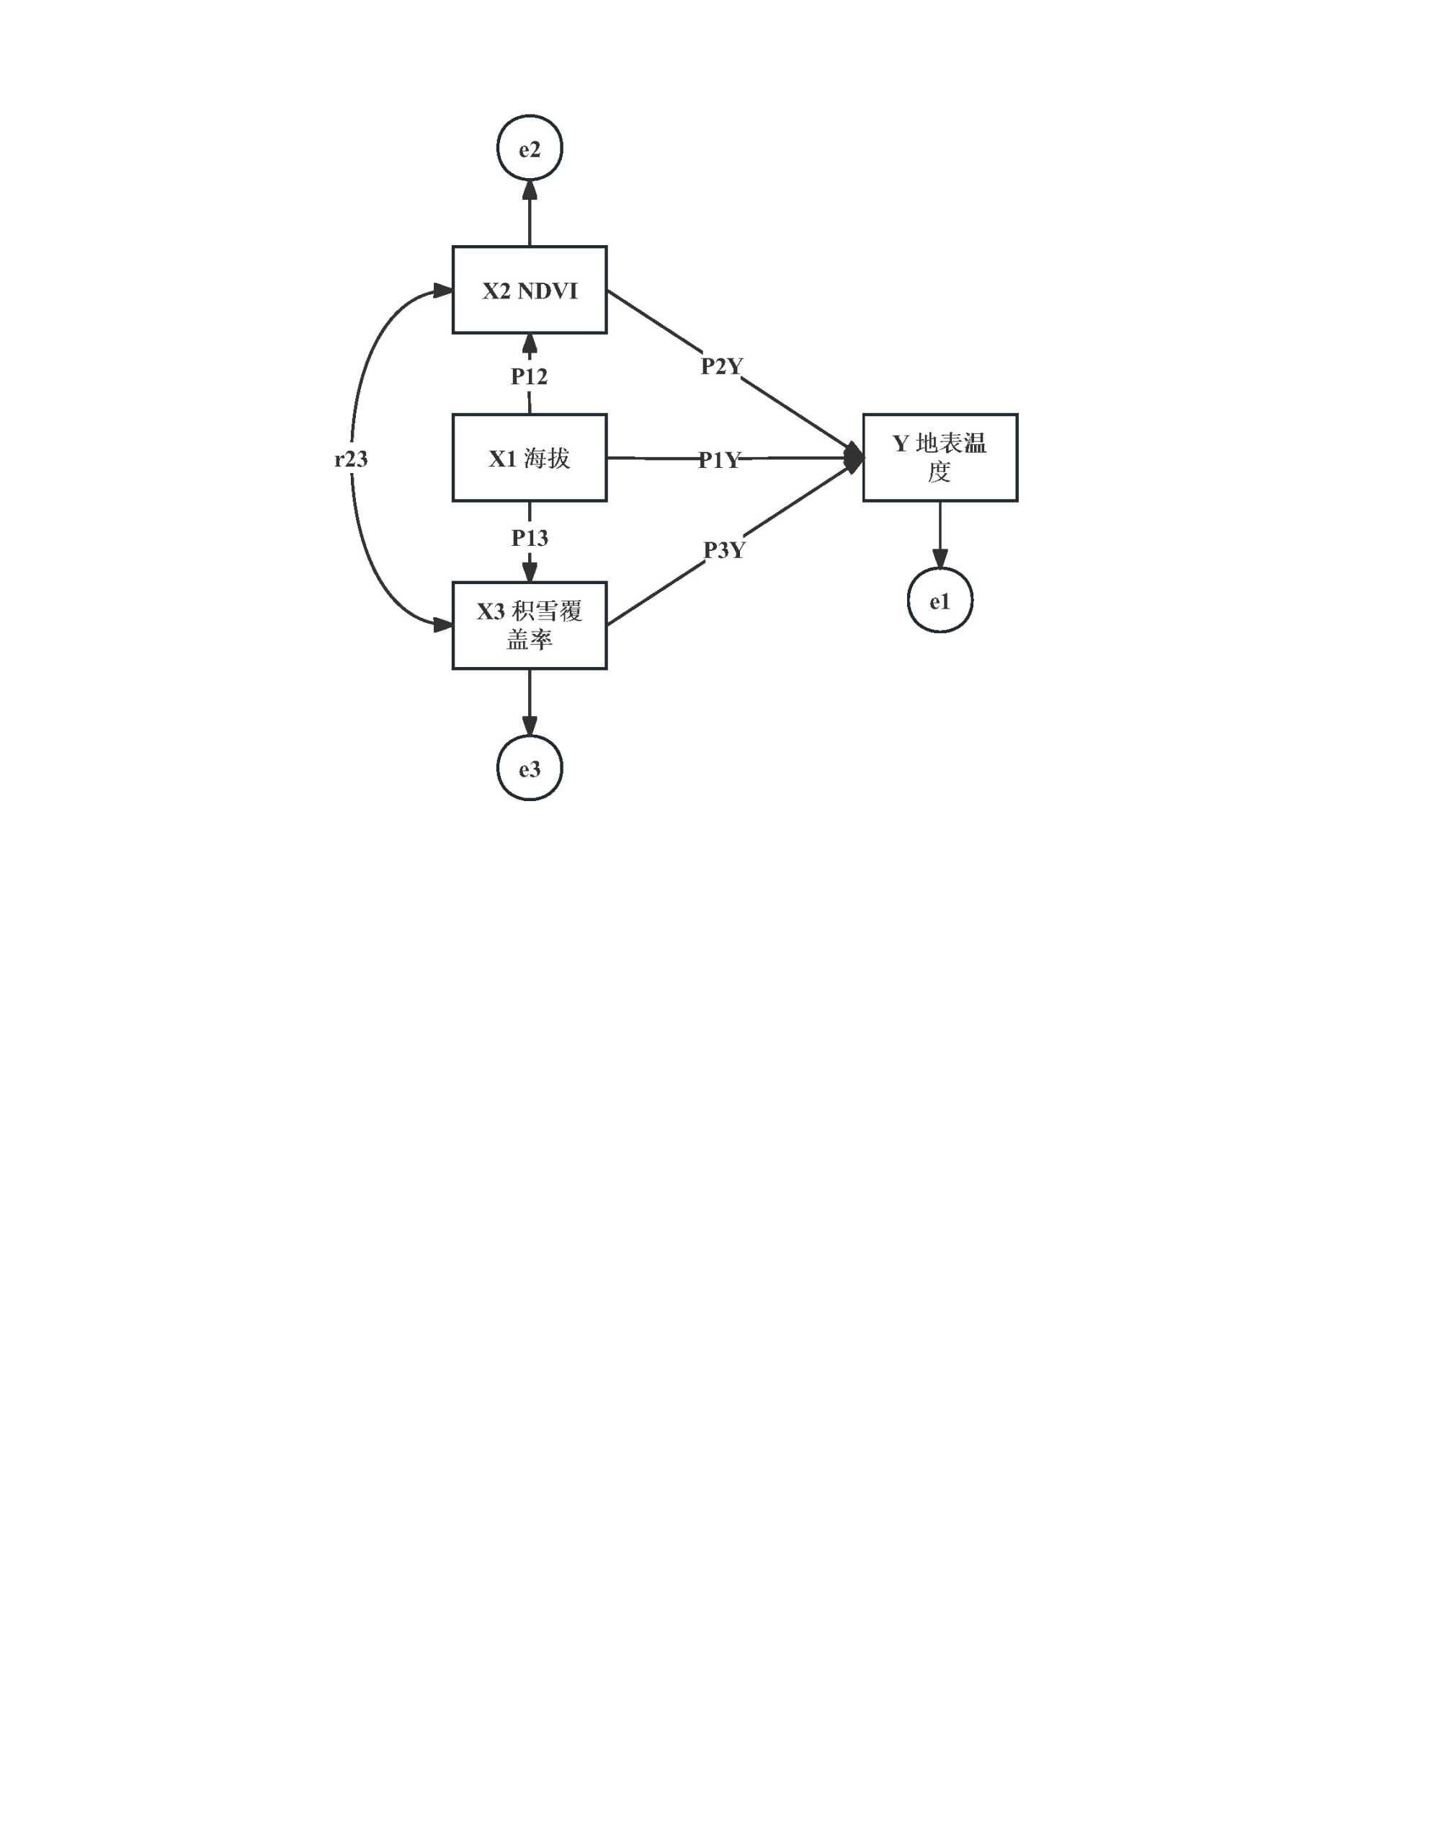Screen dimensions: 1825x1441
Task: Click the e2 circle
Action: [x=529, y=149]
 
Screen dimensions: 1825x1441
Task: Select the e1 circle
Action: [x=939, y=601]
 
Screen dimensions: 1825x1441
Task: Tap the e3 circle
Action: [x=529, y=768]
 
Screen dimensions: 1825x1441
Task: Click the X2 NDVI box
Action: [x=529, y=291]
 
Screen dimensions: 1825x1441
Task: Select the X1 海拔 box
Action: [x=529, y=458]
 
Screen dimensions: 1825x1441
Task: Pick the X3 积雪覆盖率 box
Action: [x=529, y=625]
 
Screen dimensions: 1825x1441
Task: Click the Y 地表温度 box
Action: [x=939, y=458]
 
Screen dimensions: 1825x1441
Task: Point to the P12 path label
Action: [x=529, y=376]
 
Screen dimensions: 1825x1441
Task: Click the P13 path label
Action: [x=529, y=538]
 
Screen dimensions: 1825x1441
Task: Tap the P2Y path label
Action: [x=721, y=366]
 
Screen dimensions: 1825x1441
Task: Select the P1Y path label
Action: [x=719, y=460]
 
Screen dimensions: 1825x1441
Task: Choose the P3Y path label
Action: [x=724, y=550]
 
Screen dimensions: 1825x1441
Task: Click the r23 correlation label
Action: [x=351, y=459]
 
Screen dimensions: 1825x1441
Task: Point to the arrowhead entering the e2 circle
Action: [x=529, y=190]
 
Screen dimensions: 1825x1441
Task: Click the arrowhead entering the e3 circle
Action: [x=529, y=726]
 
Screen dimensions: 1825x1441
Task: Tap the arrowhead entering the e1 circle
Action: [x=939, y=559]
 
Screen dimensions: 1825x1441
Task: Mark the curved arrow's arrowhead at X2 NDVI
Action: [x=442, y=291]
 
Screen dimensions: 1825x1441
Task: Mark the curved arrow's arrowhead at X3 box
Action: [x=442, y=625]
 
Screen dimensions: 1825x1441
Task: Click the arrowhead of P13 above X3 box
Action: [x=529, y=572]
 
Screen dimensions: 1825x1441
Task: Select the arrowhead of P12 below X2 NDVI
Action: [x=529, y=343]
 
